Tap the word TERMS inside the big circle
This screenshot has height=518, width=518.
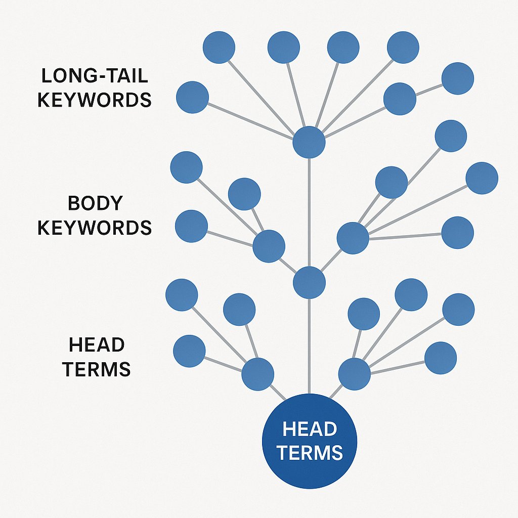coord(309,452)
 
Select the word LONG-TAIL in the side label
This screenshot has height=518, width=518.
coord(94,76)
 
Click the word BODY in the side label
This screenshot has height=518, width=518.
coord(95,203)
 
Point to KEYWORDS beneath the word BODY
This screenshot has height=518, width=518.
coord(95,228)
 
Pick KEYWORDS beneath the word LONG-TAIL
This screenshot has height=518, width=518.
coord(95,100)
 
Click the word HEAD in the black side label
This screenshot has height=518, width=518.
coord(97,345)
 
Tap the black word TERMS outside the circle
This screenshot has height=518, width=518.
coord(97,369)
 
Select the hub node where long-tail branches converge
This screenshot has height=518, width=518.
coord(309,142)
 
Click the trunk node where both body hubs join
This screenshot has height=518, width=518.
coord(309,282)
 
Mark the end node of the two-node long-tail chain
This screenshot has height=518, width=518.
coord(457,78)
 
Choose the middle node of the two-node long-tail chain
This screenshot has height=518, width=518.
coord(400,99)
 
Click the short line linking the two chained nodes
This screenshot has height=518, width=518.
coord(428,89)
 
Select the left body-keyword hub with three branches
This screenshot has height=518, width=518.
coord(269,246)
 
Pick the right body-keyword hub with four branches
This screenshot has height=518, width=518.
coord(353,238)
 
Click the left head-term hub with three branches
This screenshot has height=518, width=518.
coord(257,374)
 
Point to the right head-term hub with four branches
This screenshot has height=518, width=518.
coord(354,374)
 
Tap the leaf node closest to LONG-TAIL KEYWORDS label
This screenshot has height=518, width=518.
coord(192,97)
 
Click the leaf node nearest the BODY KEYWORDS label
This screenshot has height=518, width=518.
coord(191,226)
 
